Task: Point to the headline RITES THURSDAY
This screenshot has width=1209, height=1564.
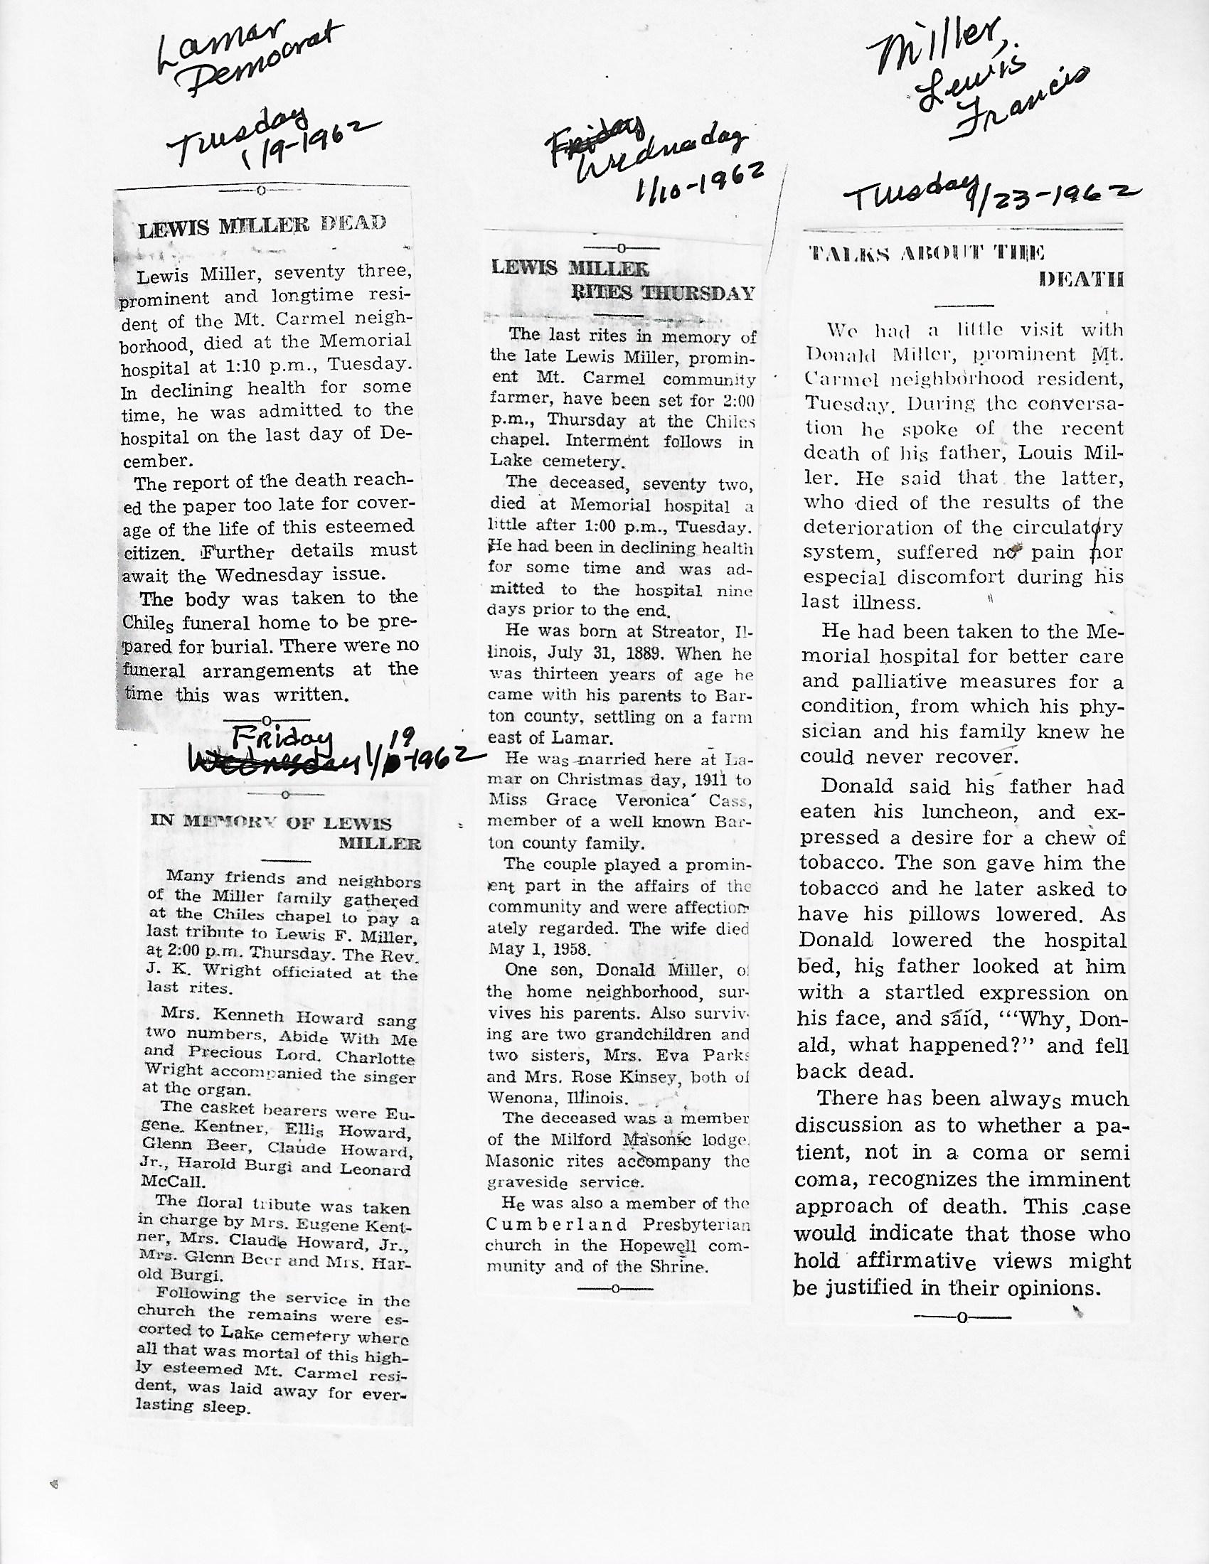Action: click(663, 293)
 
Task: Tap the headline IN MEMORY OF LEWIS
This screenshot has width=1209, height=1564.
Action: click(271, 822)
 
